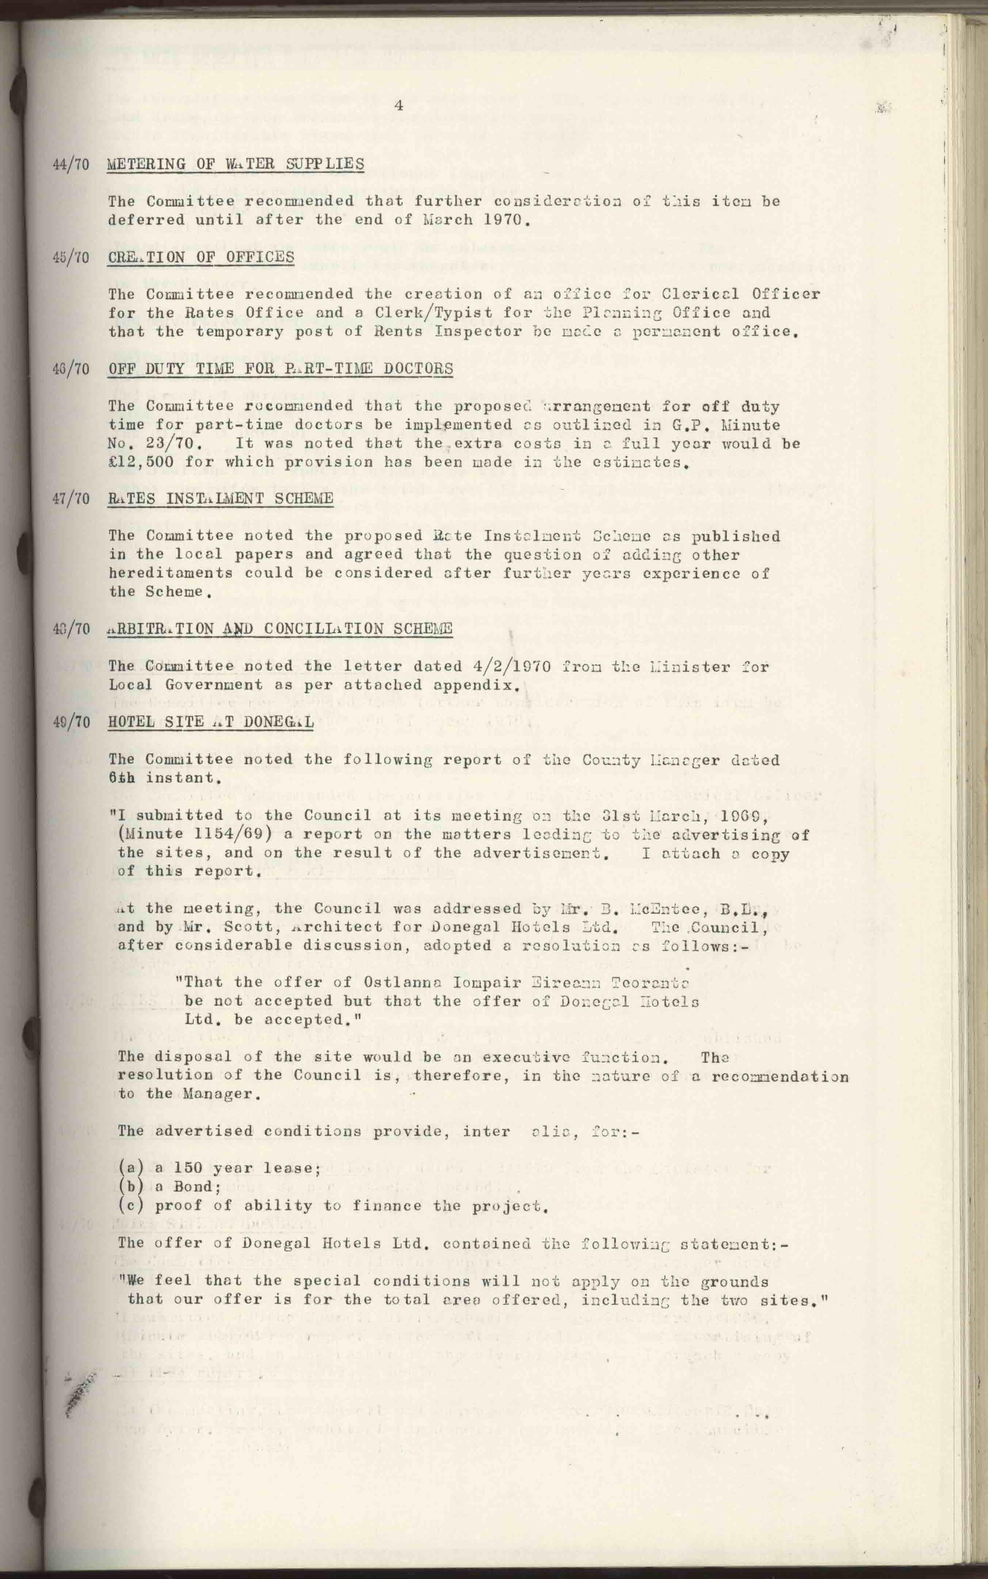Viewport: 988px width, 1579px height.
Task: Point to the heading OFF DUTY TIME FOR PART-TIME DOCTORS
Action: tap(280, 369)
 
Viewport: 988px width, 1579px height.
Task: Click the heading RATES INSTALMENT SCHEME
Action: tap(221, 499)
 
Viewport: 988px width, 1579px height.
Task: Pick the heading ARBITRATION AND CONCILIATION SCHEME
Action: tap(280, 629)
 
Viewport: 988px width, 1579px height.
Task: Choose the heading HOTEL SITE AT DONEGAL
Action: tap(210, 722)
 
